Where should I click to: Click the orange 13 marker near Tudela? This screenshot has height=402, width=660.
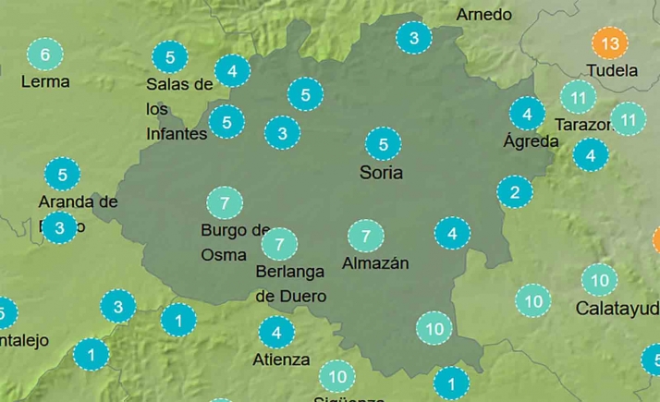[609, 43]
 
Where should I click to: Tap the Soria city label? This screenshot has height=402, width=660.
[382, 173]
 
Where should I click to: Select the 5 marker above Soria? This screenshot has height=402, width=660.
[383, 144]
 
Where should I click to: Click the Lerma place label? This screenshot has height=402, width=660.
[45, 81]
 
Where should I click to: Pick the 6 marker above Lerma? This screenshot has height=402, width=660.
[44, 55]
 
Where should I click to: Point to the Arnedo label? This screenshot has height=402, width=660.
[484, 15]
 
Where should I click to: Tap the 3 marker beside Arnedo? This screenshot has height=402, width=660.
[414, 38]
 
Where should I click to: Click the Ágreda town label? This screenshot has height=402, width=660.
[531, 141]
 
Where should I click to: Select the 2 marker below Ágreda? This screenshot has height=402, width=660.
[515, 192]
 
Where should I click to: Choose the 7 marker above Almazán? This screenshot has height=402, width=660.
[366, 236]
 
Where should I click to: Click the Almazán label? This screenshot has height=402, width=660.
[375, 263]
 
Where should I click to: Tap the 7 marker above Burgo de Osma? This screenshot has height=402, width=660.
[225, 202]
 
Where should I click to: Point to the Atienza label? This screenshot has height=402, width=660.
[281, 359]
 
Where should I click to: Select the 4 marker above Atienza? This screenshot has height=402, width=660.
[276, 332]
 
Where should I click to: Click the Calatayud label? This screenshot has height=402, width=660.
[617, 308]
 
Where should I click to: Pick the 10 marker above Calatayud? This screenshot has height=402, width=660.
[599, 279]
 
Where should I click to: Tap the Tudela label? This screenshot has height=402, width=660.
[612, 70]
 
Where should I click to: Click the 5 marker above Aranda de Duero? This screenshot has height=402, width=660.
[63, 174]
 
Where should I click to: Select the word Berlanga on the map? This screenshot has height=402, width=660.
[290, 272]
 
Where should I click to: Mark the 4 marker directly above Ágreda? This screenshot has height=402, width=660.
[527, 115]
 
